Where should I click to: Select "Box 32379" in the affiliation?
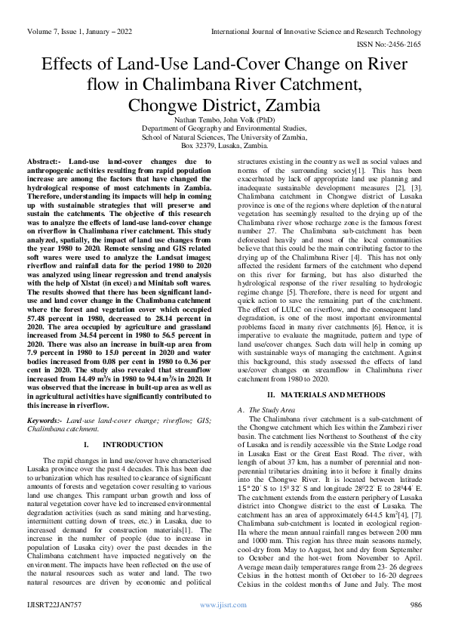click(x=200, y=146)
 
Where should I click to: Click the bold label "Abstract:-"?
click(x=43, y=162)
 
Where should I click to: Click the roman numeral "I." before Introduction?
click(x=87, y=444)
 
